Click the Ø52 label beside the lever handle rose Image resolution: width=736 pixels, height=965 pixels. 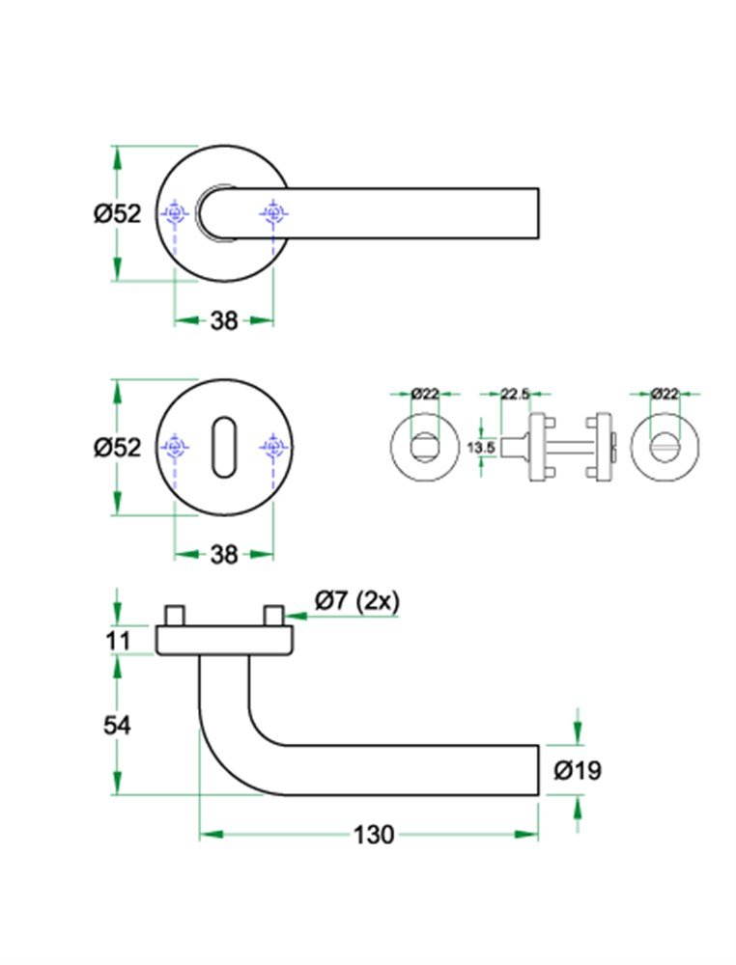(117, 213)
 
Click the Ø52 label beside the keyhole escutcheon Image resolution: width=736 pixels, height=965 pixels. (117, 447)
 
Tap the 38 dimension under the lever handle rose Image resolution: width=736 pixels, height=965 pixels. (224, 321)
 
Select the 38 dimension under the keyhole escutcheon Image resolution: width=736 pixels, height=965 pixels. (224, 555)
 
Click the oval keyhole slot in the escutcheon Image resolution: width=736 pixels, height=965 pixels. (223, 447)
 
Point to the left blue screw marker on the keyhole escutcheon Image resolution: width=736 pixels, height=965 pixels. (175, 447)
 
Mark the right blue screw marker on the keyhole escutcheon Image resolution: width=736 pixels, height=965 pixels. (273, 447)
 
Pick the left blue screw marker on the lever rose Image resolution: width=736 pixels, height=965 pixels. (175, 213)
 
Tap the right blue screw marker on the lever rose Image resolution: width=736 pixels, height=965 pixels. (273, 213)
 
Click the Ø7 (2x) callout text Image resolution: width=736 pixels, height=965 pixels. (356, 600)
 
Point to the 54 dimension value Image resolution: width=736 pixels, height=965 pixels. (117, 725)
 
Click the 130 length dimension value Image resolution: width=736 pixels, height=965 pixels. (374, 835)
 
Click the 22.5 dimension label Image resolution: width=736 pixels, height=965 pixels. (514, 393)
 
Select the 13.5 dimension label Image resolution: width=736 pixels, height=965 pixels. (480, 447)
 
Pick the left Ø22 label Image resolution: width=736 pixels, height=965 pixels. (425, 393)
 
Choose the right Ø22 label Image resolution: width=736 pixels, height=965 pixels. (665, 393)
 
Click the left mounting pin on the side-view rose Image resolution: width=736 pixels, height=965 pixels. (175, 616)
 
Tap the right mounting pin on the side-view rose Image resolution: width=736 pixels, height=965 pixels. (273, 616)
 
